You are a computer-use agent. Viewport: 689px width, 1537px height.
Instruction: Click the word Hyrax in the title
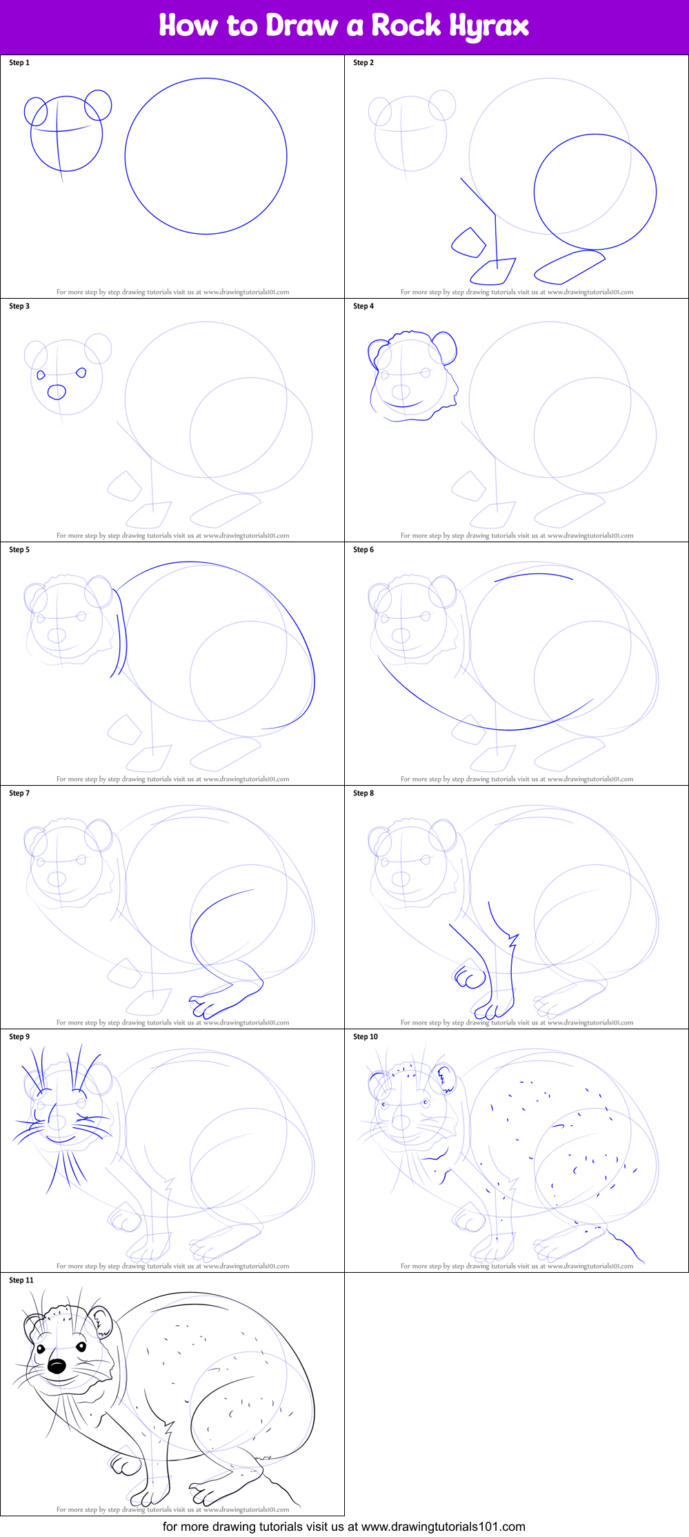tap(489, 26)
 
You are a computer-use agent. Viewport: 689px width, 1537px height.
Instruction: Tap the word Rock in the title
tap(406, 26)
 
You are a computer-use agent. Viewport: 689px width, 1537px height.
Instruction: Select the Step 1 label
tap(19, 63)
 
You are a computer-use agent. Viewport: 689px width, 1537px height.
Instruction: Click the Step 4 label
tap(363, 306)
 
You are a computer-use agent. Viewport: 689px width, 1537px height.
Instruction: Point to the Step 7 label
tap(19, 793)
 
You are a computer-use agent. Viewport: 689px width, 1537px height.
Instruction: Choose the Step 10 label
tap(366, 1037)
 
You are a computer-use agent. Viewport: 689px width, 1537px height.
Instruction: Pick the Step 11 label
tap(21, 1280)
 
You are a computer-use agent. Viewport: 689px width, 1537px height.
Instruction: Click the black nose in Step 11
tap(57, 1366)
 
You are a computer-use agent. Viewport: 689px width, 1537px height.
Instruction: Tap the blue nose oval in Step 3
tap(57, 393)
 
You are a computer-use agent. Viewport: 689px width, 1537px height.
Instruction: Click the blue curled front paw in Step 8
tap(470, 978)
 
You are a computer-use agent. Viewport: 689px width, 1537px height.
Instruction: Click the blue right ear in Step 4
tap(446, 346)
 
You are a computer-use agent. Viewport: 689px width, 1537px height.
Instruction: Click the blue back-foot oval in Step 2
tap(569, 267)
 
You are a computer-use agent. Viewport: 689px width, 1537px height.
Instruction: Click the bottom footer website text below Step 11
tap(343, 1527)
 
